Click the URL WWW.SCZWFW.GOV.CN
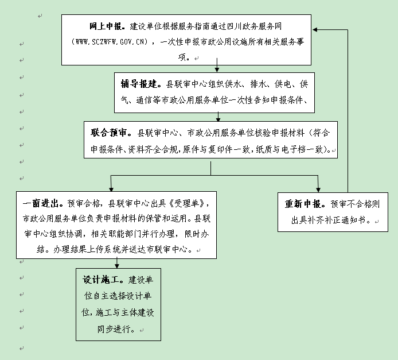(111, 42)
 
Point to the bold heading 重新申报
(306, 204)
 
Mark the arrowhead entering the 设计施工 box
(118, 265)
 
